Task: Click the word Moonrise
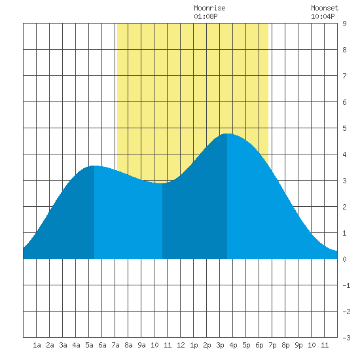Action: (209, 8)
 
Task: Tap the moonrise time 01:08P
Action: (206, 16)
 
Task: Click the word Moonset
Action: (325, 8)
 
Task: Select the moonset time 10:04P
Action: (323, 16)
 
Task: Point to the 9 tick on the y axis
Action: (344, 24)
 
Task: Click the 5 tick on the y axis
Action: (344, 128)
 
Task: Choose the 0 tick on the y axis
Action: (344, 259)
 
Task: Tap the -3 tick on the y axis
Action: (346, 338)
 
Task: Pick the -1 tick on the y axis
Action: (346, 285)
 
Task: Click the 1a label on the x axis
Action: (37, 345)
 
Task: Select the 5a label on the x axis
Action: (89, 345)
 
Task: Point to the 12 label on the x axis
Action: (181, 345)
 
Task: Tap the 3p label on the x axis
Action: (220, 345)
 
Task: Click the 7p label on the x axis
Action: (272, 345)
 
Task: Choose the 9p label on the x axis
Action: (298, 345)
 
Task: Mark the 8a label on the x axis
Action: (128, 345)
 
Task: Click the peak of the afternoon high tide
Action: (227, 134)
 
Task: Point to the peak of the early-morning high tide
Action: (94, 166)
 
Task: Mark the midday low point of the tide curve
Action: (162, 183)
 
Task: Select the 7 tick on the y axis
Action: (344, 76)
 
